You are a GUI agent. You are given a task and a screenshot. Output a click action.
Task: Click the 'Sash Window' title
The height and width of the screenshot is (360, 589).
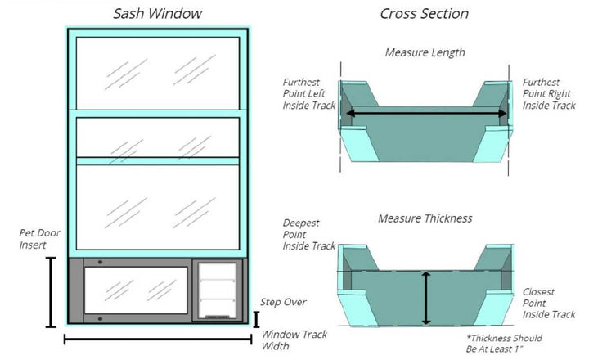[x=157, y=14]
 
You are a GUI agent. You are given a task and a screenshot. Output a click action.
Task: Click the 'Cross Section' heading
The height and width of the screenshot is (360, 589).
[x=425, y=14]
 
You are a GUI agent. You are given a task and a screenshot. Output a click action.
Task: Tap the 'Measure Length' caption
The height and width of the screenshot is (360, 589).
[x=425, y=53]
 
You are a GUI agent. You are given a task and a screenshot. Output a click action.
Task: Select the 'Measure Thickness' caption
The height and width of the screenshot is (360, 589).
[x=425, y=219]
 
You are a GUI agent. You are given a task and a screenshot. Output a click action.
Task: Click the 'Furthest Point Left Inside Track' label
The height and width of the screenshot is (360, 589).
[x=308, y=94]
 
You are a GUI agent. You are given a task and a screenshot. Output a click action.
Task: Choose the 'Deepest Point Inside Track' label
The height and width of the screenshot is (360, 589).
[x=308, y=233]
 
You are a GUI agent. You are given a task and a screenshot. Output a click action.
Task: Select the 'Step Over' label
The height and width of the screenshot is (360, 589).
[x=283, y=302]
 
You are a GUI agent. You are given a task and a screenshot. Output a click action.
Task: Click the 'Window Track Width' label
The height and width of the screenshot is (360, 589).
[x=286, y=339]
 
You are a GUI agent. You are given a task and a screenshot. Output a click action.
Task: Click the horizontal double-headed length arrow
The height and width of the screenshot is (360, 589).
[x=425, y=113]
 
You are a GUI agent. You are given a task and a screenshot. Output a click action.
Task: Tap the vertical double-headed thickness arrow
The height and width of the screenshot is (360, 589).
[x=425, y=299]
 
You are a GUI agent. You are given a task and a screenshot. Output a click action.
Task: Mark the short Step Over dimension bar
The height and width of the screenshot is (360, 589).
[x=257, y=319]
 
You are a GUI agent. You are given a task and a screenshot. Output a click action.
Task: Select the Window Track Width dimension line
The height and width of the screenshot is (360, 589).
[x=157, y=339]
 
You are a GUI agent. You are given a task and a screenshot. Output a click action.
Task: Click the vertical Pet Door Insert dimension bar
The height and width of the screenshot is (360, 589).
[x=52, y=292]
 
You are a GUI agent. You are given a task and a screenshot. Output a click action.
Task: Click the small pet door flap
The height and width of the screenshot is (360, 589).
[x=218, y=290]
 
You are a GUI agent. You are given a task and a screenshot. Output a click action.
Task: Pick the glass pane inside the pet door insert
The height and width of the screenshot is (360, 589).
[x=134, y=290]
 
